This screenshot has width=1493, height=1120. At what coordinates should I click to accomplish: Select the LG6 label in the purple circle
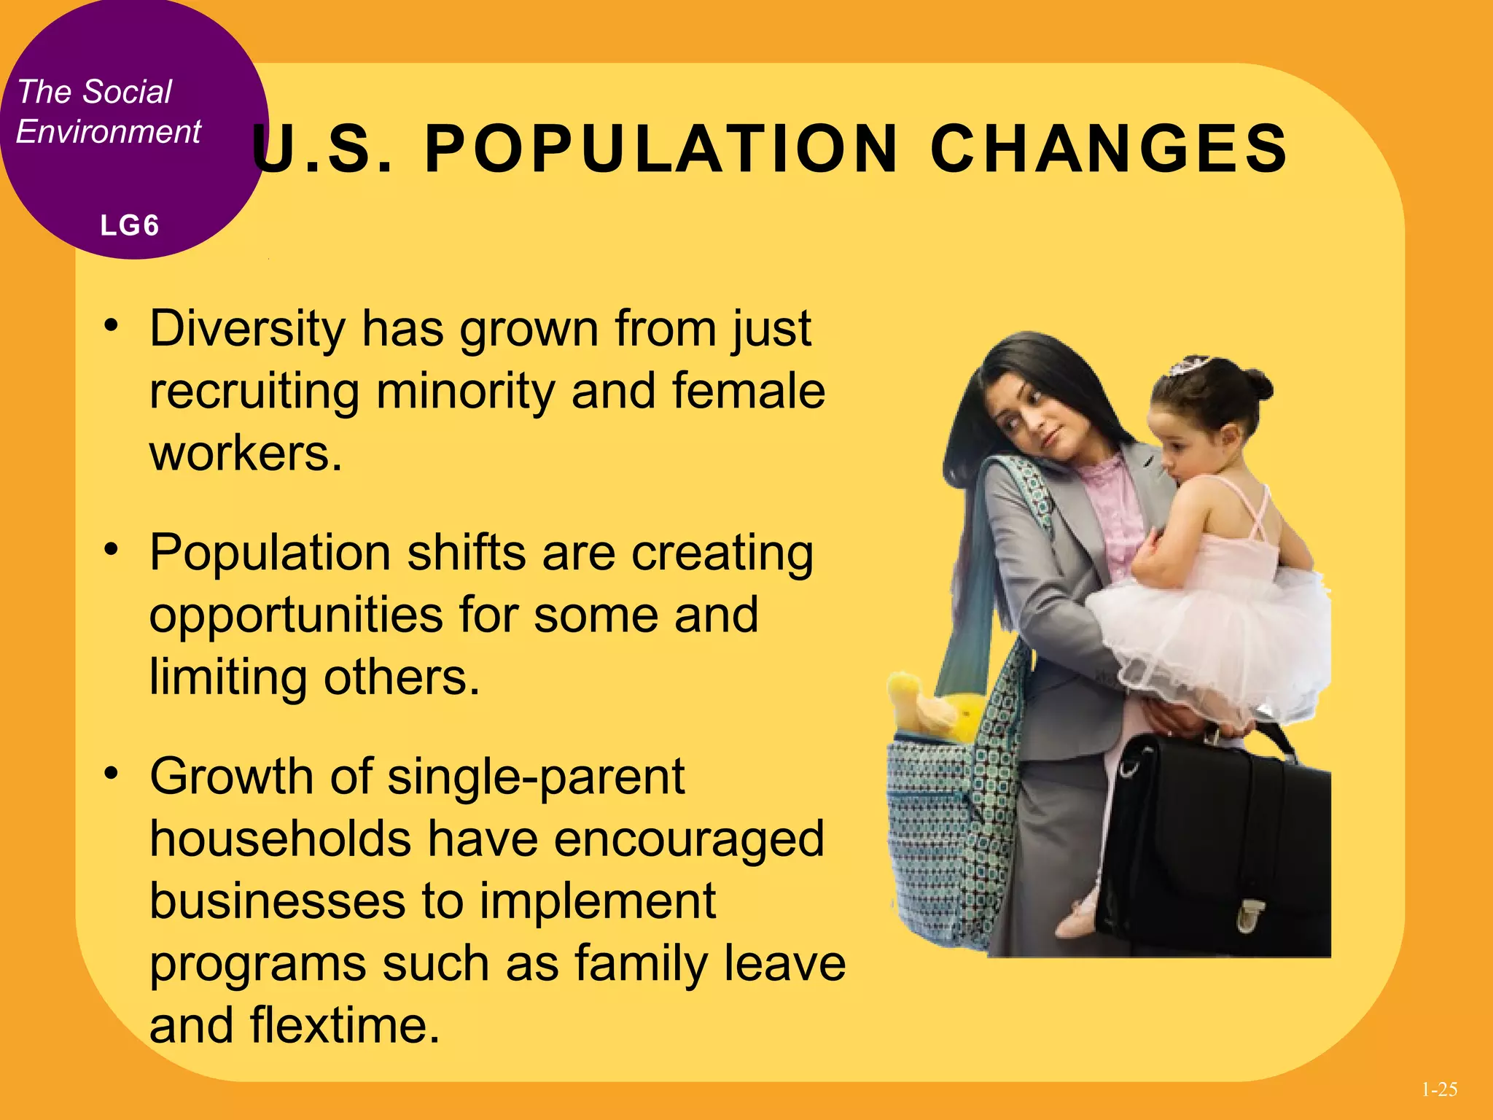[130, 225]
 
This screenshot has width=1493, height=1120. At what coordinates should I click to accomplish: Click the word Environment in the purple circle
[108, 132]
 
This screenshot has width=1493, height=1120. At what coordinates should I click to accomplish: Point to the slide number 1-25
[1439, 1089]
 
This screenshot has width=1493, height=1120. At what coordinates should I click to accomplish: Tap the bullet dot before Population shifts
[111, 549]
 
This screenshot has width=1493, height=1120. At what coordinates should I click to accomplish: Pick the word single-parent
[536, 777]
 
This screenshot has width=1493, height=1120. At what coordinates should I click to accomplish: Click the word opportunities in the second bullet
[296, 615]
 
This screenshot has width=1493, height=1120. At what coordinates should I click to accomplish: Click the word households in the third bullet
[280, 839]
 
